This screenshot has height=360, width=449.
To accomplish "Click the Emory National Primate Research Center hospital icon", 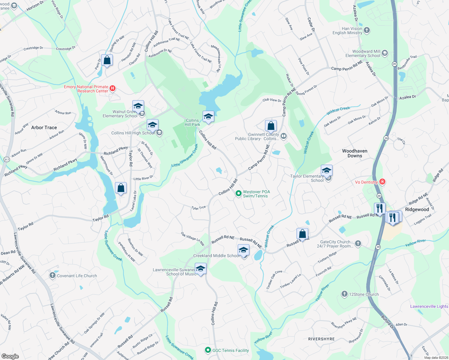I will pyautogui.click(x=113, y=88).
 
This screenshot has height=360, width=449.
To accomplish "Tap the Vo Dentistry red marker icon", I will pyautogui.click(x=382, y=182).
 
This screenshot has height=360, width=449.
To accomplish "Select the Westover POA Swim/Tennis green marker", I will pyautogui.click(x=238, y=193).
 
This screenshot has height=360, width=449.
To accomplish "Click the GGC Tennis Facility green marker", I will pyautogui.click(x=208, y=350).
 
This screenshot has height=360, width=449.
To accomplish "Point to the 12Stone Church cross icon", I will pyautogui.click(x=345, y=294).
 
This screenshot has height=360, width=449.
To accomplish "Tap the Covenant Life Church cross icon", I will pyautogui.click(x=53, y=275).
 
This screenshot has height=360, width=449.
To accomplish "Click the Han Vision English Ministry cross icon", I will pyautogui.click(x=366, y=30).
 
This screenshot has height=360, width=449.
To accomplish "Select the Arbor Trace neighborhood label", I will pyautogui.click(x=44, y=127).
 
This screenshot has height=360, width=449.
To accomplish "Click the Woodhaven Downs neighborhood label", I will pyautogui.click(x=355, y=153).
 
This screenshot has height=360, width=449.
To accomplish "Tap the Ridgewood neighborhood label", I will pyautogui.click(x=417, y=209).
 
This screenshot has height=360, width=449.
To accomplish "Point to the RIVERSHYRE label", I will pyautogui.click(x=321, y=339).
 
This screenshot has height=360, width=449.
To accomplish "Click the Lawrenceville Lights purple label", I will pyautogui.click(x=429, y=306).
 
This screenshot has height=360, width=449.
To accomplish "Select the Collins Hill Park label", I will pyautogui.click(x=192, y=122).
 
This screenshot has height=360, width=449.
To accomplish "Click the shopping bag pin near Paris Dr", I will pyautogui.click(x=107, y=60).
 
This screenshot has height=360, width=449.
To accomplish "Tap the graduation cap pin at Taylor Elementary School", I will pyautogui.click(x=327, y=171).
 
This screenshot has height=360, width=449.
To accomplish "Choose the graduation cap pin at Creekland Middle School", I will pyautogui.click(x=243, y=250).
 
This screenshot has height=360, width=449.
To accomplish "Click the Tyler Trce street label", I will pyautogui.click(x=198, y=208).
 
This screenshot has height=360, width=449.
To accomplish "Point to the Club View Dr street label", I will pyautogui.click(x=272, y=100).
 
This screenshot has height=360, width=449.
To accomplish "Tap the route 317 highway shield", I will pyautogui.click(x=7, y=159).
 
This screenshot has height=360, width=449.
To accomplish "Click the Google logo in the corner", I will pyautogui.click(x=10, y=356).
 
